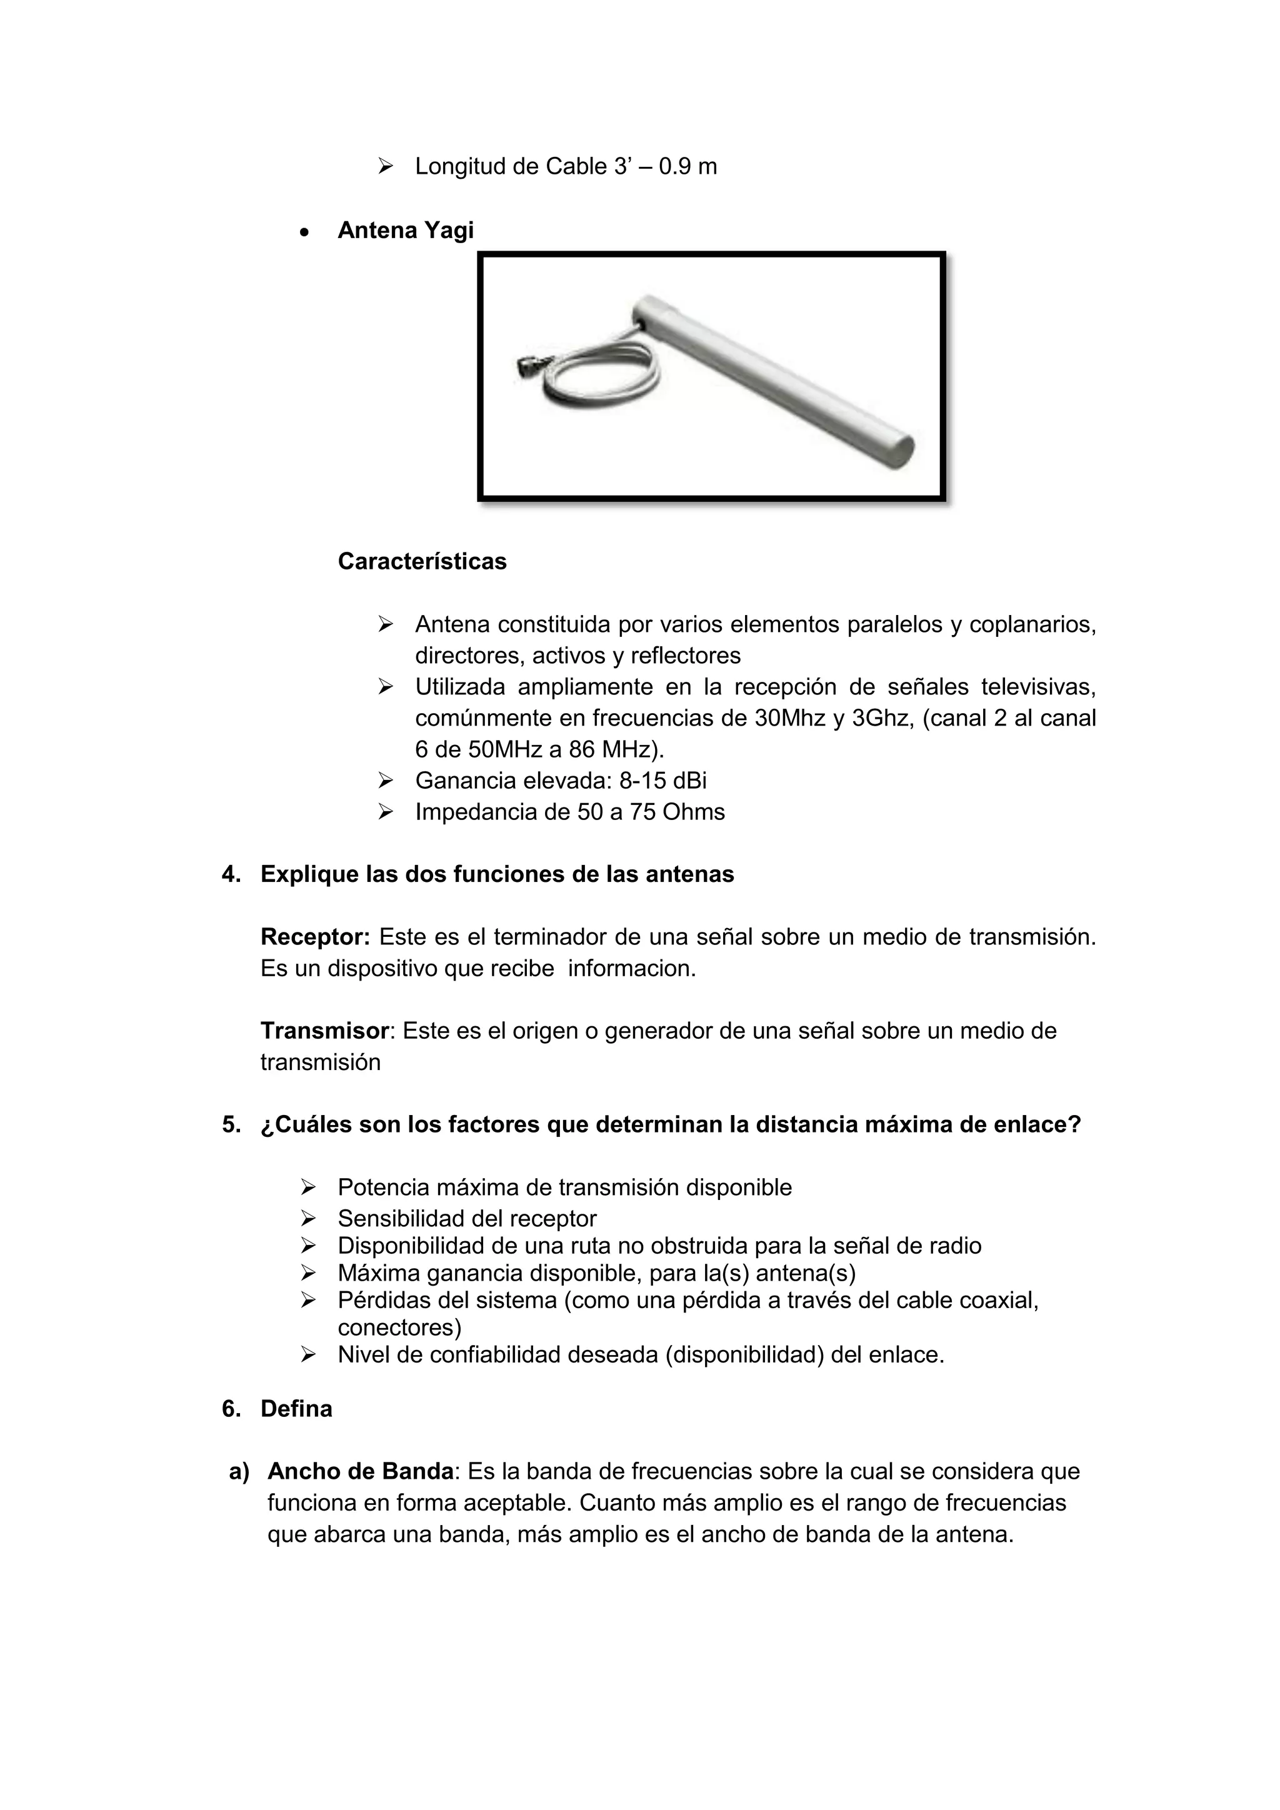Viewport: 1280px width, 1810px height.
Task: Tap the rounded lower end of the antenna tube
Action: (899, 452)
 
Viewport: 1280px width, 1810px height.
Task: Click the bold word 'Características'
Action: (422, 561)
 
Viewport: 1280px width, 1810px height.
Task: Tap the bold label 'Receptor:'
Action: (315, 937)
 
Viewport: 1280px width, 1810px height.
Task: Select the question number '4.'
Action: (231, 874)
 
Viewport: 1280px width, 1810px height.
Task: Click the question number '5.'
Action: (231, 1125)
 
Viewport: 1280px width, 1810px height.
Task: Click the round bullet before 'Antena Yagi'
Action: (304, 232)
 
